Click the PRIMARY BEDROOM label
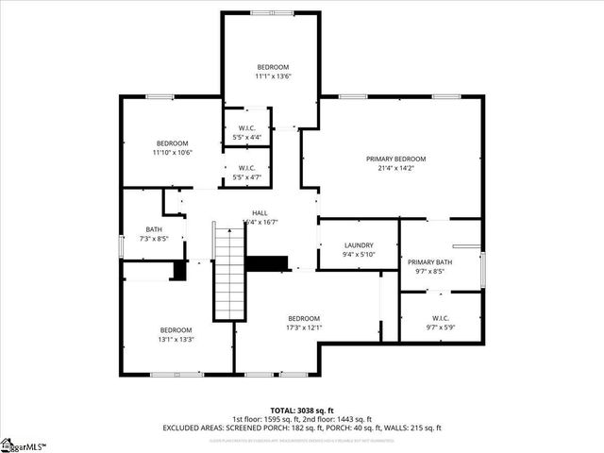396,159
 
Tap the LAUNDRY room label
358,244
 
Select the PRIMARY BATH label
429,261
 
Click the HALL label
260,213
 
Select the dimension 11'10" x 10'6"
173,152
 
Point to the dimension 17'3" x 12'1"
304,328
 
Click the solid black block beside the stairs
266,263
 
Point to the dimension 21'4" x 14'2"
396,168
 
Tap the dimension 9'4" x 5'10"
358,254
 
